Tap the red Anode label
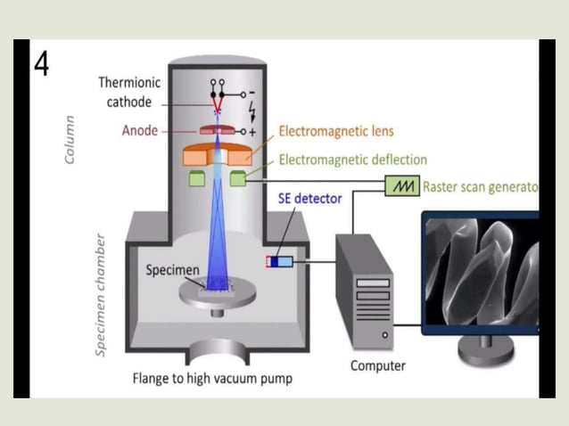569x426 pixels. [139, 131]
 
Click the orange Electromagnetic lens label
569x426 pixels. [336, 131]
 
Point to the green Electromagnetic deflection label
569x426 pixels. [352, 160]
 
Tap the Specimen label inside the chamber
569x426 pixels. [172, 270]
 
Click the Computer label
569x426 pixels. [377, 365]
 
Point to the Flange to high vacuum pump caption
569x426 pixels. [212, 379]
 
